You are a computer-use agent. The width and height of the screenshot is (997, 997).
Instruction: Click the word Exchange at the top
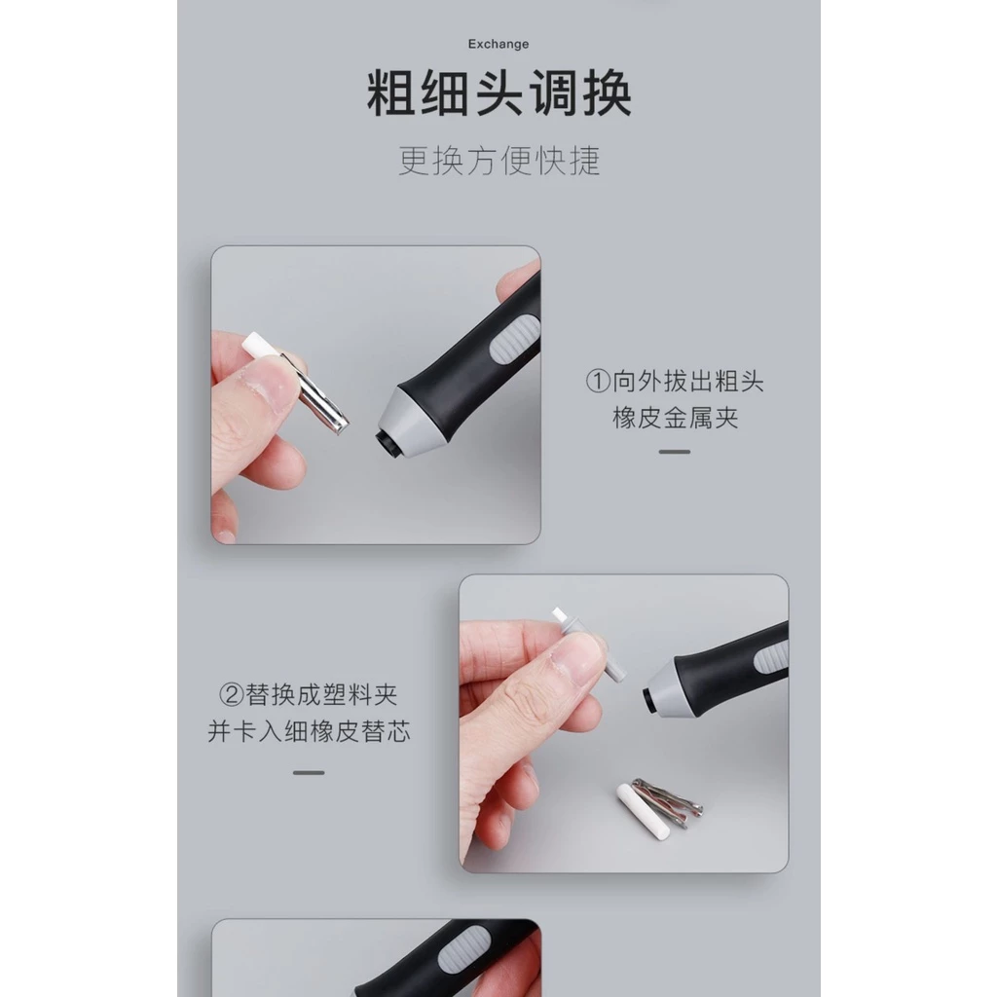[498, 44]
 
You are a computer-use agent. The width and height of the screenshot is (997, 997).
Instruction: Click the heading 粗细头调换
[499, 93]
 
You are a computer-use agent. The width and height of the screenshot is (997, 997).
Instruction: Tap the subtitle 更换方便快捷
[499, 161]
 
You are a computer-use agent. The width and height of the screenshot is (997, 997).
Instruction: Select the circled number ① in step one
[598, 382]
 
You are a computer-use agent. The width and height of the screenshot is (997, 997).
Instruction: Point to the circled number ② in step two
[232, 694]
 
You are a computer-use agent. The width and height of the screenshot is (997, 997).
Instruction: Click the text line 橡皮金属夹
[676, 419]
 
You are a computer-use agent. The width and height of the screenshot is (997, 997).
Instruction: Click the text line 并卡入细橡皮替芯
[309, 731]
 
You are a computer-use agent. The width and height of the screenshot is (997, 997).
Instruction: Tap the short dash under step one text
[675, 452]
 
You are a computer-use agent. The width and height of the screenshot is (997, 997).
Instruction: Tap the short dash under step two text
[309, 772]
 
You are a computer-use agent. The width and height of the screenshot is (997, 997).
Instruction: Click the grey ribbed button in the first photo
[514, 341]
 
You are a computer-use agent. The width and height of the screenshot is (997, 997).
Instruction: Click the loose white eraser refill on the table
[643, 811]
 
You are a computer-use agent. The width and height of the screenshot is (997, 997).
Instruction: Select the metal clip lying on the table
[669, 802]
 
